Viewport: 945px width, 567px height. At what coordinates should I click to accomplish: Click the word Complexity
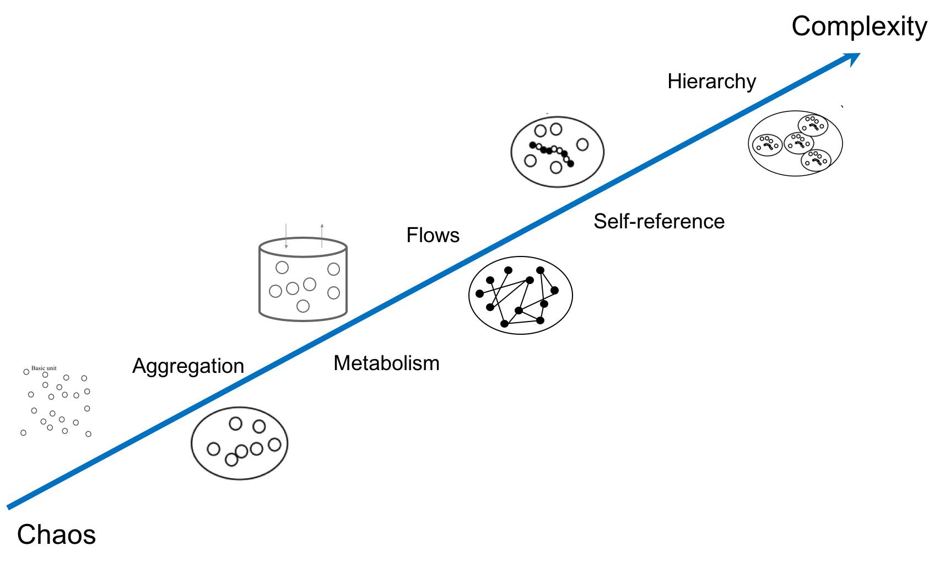point(859,26)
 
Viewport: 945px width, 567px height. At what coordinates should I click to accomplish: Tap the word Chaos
point(56,534)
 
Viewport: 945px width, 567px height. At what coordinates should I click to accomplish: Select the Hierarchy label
point(711,82)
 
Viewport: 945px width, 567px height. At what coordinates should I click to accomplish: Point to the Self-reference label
point(658,221)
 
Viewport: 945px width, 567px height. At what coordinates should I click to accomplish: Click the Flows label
point(433,235)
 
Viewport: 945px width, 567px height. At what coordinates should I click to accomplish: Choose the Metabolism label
point(386,363)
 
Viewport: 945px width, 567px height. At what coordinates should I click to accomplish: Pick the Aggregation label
point(188,366)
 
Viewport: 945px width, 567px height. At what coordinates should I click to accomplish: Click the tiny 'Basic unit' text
point(44,368)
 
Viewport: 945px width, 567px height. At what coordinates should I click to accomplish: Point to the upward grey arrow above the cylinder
point(322,235)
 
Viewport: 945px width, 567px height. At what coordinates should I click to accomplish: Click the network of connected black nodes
point(520,295)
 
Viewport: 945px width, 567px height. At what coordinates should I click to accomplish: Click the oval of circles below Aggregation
point(239,443)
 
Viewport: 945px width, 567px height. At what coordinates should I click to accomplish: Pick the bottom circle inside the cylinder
point(303,306)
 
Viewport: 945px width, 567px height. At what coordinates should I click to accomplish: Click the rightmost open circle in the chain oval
point(582,145)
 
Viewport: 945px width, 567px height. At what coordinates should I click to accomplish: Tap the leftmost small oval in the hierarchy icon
point(767,145)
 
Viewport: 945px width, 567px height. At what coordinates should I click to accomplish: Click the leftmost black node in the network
point(480,293)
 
